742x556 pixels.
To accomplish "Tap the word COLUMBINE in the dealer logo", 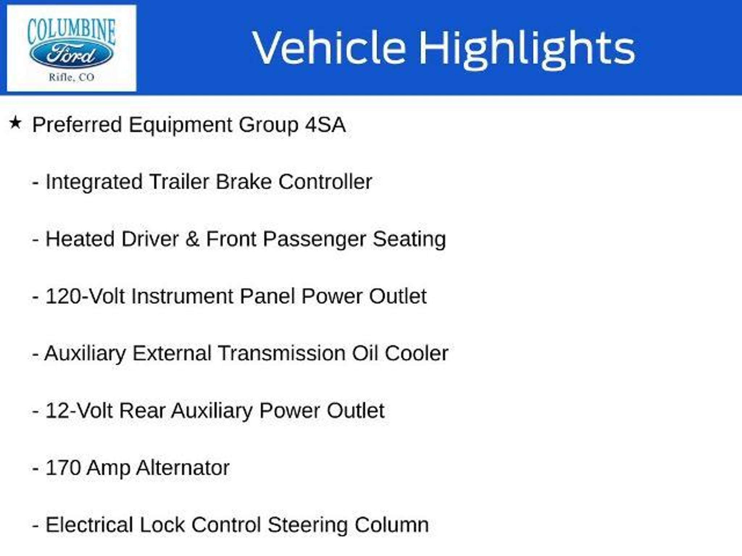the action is (72, 31).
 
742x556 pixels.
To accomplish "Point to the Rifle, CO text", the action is (71, 77).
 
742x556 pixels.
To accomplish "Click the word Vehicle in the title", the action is (329, 48).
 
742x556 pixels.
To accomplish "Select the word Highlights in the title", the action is (527, 50).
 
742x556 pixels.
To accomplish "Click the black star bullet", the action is (15, 123).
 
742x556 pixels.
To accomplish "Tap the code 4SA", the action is (325, 125).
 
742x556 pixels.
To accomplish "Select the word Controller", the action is (325, 182).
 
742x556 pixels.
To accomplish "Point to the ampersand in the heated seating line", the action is (192, 239).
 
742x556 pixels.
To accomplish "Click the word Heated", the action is (80, 239).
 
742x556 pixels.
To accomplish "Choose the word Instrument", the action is (182, 296).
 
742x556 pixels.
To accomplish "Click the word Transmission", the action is (282, 353).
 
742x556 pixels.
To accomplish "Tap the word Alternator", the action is (183, 468).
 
